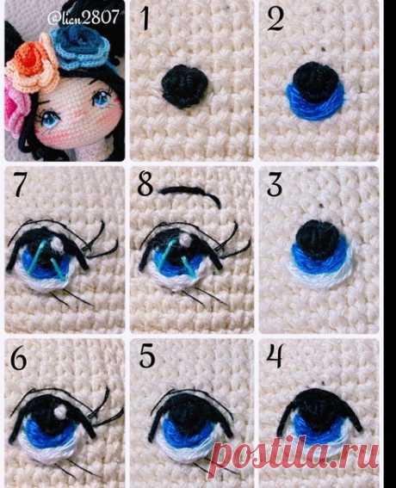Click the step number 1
145,19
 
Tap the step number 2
275,19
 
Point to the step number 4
275,356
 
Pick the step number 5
147,356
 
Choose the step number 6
18,359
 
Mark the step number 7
19,185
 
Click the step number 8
145,185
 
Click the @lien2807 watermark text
84,17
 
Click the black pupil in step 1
184,86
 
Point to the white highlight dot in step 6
59,411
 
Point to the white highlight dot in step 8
186,239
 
